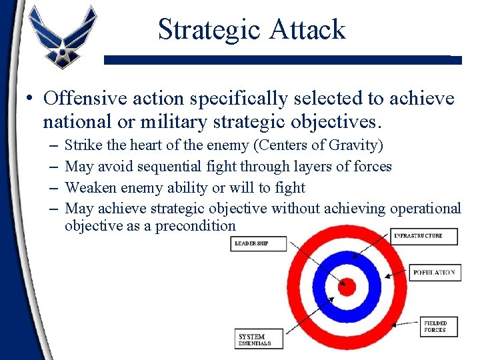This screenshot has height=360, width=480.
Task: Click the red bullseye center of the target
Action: pos(347,287)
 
